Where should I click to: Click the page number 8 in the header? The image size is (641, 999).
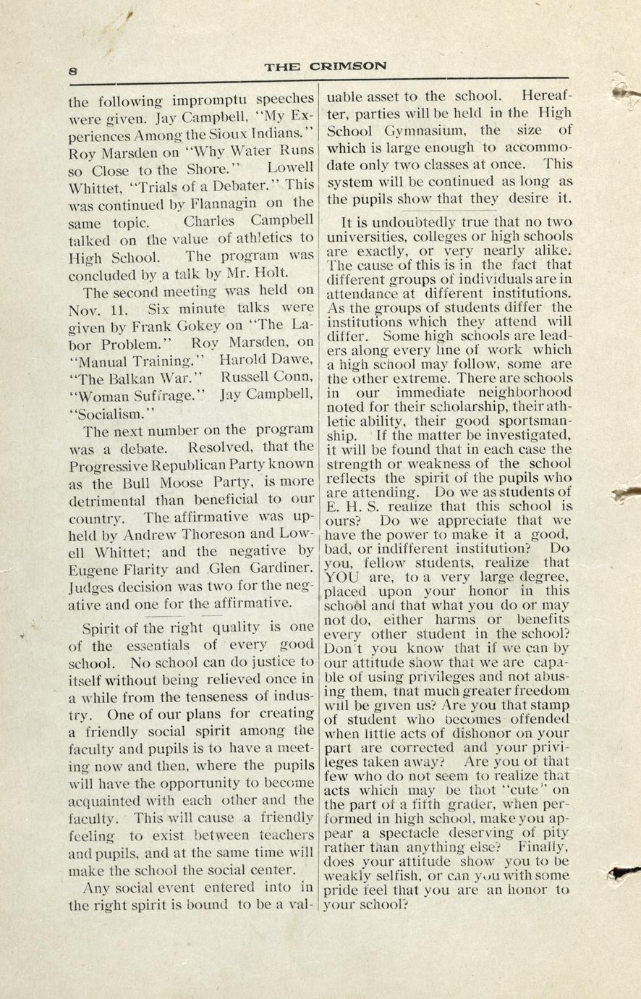74,70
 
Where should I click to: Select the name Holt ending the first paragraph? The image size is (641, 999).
272,274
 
